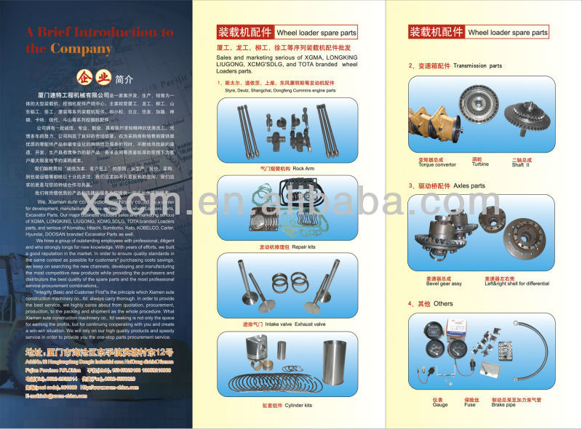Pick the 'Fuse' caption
tap(472, 404)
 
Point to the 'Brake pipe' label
tap(513, 404)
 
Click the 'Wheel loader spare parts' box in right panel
tap(508, 32)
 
